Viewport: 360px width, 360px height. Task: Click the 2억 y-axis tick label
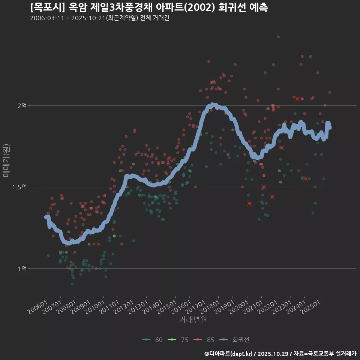point(22,106)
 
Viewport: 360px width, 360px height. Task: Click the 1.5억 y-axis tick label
point(19,187)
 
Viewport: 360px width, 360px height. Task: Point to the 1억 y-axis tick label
point(22,269)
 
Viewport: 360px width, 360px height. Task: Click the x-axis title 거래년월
point(193,319)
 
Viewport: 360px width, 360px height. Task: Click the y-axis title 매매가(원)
point(6,160)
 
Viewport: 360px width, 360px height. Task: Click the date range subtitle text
point(99,18)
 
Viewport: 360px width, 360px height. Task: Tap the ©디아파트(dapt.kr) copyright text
point(228,354)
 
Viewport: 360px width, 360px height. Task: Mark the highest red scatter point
point(278,37)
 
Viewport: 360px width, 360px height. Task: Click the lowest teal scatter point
point(72,284)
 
